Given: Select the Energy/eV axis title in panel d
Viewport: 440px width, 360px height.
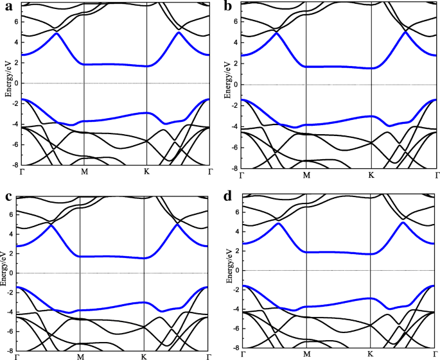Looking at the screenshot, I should pos(229,270).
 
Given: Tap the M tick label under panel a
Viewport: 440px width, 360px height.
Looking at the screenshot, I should pos(84,172).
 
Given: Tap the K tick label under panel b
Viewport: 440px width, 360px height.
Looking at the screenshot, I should pos(371,174).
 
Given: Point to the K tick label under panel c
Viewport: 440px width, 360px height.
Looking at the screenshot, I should pos(143,356).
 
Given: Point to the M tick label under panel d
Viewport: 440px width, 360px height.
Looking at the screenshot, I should pos(307,354).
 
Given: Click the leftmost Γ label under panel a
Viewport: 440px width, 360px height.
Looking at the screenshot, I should pos(23,172).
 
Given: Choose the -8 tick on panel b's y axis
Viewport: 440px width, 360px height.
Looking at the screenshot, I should pos(236,167).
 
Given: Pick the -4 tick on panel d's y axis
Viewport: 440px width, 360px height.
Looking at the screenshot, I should pos(236,309).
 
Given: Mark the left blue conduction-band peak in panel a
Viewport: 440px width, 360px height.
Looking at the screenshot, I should pos(57,33).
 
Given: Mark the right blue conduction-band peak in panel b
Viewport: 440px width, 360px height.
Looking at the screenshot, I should pos(405,32).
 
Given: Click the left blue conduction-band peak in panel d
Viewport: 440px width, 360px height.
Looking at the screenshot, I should pos(278,223).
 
